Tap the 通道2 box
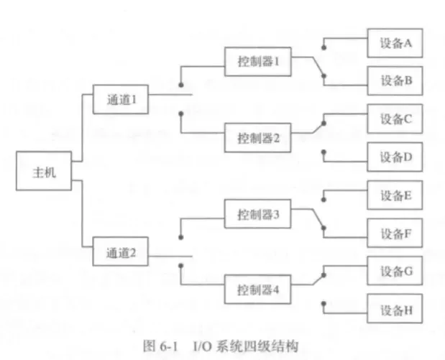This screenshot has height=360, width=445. [x=120, y=253]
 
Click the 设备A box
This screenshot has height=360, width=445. [x=395, y=42]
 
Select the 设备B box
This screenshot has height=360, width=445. [x=395, y=80]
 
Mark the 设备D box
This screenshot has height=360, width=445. [x=395, y=156]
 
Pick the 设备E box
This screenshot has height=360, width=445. [x=395, y=195]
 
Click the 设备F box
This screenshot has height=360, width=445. [x=395, y=232]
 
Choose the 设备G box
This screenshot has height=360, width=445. [x=395, y=271]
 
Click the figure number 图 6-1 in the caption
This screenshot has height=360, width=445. [x=157, y=346]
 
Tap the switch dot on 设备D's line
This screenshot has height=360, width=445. [x=325, y=152]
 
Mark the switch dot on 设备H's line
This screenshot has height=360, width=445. [x=325, y=304]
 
